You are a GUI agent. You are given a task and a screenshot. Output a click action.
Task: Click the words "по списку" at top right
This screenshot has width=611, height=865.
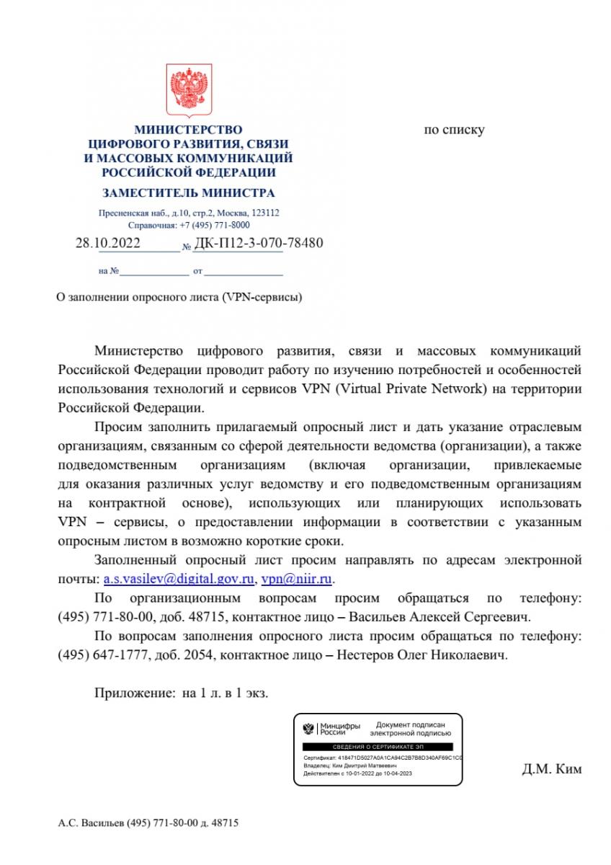pyautogui.click(x=454, y=130)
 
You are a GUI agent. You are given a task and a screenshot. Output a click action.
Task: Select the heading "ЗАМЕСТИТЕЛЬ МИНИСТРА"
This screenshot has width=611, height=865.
pyautogui.click(x=188, y=193)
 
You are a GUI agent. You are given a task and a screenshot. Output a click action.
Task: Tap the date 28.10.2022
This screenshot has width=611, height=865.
pyautogui.click(x=108, y=243)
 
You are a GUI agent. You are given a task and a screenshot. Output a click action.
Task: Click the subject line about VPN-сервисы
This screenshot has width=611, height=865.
pyautogui.click(x=179, y=297)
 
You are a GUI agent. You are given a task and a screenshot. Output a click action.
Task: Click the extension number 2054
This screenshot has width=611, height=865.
pyautogui.click(x=200, y=655)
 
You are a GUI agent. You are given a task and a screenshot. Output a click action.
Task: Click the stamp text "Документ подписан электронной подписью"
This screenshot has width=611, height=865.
pyautogui.click(x=409, y=728)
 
